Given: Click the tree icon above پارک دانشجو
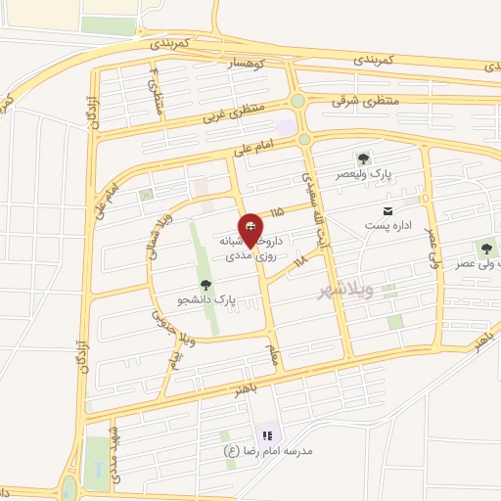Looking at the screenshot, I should point(205,285).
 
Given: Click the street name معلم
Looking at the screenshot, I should point(273,353).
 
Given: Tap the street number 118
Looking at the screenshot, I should point(299,260).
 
